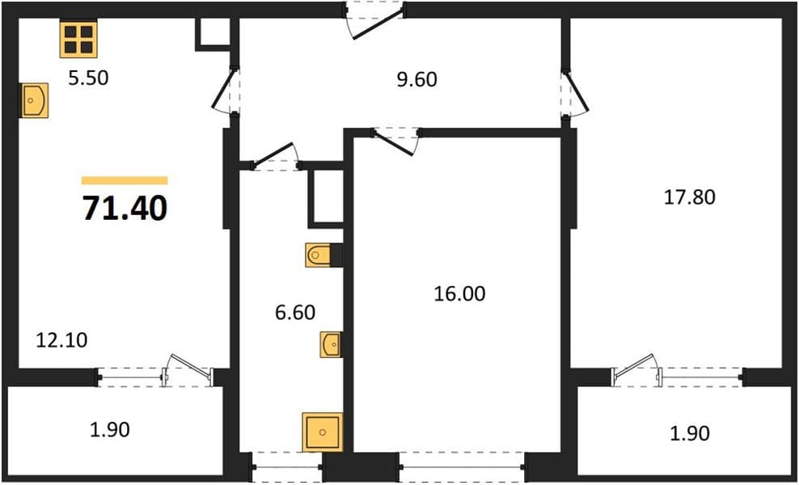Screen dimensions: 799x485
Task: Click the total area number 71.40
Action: click(125, 209)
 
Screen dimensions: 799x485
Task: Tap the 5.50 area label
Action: click(89, 78)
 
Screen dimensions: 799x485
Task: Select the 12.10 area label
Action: click(61, 340)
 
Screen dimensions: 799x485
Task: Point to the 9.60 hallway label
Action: click(416, 79)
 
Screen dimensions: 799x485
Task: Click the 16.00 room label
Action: click(459, 294)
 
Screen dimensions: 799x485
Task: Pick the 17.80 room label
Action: click(690, 197)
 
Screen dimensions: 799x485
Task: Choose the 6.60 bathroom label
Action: click(295, 312)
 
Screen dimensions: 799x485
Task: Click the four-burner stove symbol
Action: click(78, 40)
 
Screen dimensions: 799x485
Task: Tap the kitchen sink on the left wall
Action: click(34, 100)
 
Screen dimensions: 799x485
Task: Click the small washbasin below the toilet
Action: click(330, 344)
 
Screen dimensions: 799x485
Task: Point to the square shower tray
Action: click(322, 432)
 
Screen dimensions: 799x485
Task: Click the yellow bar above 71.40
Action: click(125, 180)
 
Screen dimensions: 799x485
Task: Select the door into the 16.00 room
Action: click(395, 141)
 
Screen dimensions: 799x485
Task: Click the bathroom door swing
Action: click(275, 154)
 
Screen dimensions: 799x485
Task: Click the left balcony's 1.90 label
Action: click(109, 430)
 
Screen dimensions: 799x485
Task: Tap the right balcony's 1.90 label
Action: click(690, 433)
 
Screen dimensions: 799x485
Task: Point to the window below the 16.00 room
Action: click(463, 466)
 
